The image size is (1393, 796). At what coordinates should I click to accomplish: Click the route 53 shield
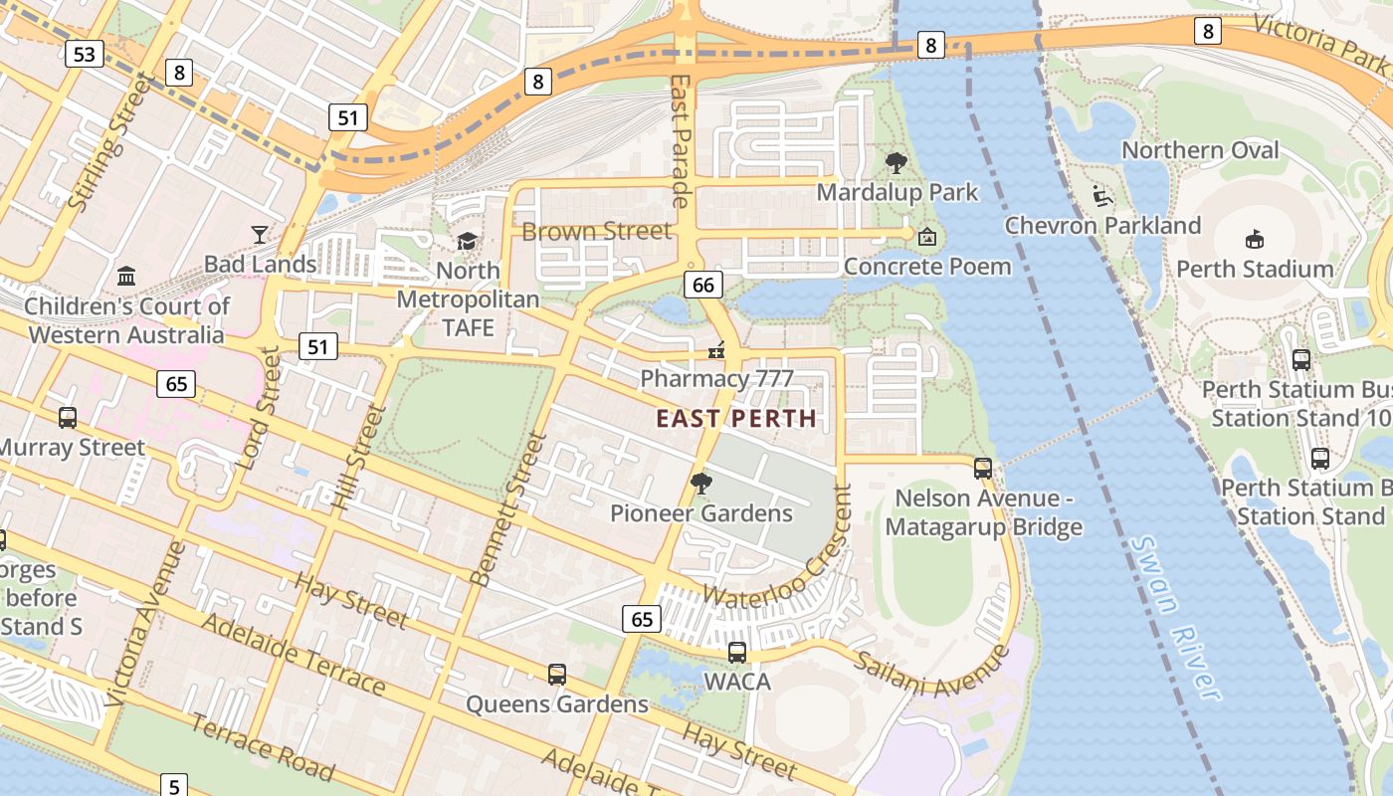(84, 54)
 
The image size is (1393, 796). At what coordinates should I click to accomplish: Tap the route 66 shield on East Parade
(702, 286)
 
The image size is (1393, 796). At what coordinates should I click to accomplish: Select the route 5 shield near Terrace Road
(173, 783)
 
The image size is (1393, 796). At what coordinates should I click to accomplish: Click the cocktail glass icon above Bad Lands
(260, 234)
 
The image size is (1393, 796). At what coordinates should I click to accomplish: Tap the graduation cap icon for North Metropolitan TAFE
(467, 242)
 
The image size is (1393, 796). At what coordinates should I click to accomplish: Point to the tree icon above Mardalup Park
(896, 163)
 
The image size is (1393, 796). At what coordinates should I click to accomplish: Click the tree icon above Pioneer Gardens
(701, 485)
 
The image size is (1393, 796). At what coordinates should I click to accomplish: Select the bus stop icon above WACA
(736, 653)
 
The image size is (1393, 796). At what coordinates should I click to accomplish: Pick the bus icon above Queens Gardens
(557, 675)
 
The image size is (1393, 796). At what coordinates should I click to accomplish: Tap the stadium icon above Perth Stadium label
(1254, 240)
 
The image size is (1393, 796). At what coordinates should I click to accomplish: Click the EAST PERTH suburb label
(736, 419)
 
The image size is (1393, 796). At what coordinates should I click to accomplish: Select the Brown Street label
(597, 232)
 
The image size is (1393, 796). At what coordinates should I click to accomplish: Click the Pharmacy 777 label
(716, 378)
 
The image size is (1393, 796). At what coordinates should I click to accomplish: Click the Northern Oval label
(1200, 150)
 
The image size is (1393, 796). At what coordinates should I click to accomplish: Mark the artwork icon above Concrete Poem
(927, 237)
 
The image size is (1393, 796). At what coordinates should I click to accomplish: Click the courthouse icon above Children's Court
(126, 276)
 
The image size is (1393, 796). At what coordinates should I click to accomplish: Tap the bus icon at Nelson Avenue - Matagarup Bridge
(983, 468)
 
